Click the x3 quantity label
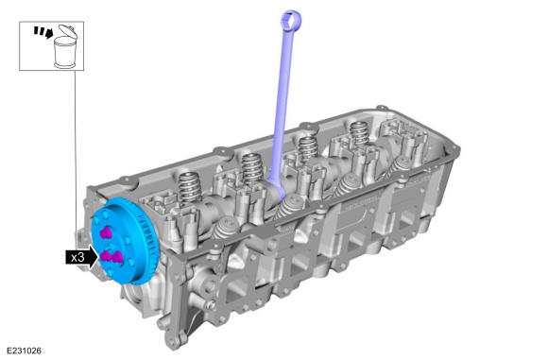pyautogui.click(x=77, y=258)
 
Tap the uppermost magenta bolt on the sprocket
pyautogui.click(x=106, y=233)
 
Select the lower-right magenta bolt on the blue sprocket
pyautogui.click(x=117, y=257)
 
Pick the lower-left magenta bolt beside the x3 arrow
pyautogui.click(x=106, y=257)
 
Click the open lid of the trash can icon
pyautogui.click(x=68, y=31)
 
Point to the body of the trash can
pyautogui.click(x=65, y=53)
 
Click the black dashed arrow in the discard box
pyautogui.click(x=43, y=32)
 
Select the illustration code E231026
pyautogui.click(x=25, y=351)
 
